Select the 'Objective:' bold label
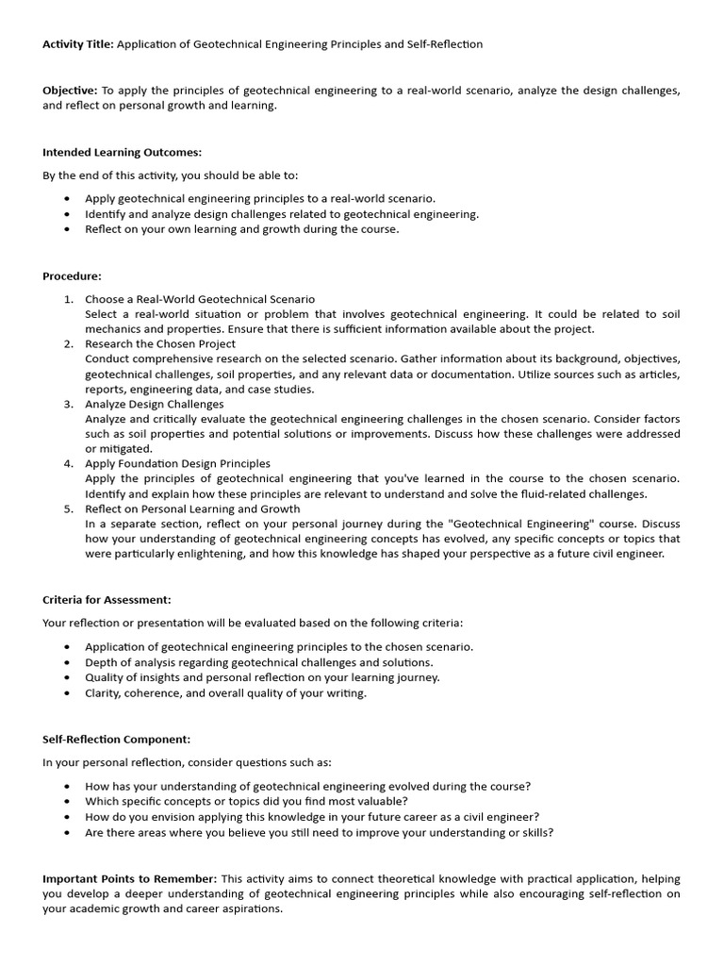pos(70,91)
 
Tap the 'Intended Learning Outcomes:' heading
pos(122,152)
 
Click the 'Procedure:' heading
pos(72,276)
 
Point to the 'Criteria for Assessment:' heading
pos(107,600)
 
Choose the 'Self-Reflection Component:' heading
pos(116,740)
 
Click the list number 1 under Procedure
pos(68,299)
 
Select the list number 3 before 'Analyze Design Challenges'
pos(68,404)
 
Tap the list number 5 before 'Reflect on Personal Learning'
pos(68,508)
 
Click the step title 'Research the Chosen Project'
pos(160,344)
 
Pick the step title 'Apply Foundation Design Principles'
pos(177,464)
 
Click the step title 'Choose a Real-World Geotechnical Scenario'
pos(200,299)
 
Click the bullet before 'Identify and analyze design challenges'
pos(67,214)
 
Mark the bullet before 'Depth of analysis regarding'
pos(67,662)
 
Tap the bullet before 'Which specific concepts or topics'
pos(67,802)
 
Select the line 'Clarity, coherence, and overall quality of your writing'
pos(225,692)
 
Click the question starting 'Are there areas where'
pos(319,832)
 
